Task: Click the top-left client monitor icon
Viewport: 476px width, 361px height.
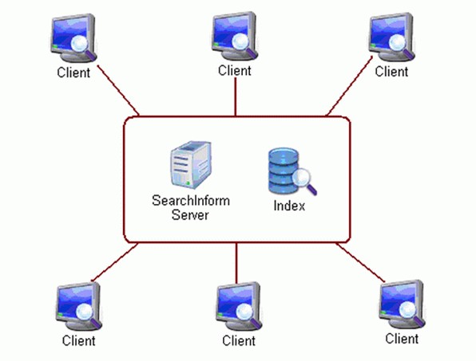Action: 73,37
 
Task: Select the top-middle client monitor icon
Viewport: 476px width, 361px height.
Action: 235,36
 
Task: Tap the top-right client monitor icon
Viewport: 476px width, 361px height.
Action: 392,37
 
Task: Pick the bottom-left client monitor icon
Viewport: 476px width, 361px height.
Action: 78,306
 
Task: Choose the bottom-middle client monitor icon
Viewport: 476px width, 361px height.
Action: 239,306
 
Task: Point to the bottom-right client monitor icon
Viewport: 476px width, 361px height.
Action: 402,304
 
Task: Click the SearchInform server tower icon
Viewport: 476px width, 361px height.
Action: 191,165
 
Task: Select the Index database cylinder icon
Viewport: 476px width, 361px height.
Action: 292,171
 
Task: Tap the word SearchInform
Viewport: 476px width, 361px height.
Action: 191,201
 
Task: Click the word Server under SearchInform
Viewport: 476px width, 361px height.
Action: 190,214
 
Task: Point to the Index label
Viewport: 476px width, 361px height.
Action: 289,206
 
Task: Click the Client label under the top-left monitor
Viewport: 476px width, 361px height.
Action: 73,73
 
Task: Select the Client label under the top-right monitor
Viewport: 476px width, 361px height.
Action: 391,72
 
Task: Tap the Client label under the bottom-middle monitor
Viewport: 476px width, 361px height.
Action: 239,341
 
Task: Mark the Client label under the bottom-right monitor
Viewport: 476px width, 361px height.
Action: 402,339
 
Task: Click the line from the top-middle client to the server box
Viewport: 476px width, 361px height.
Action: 236,97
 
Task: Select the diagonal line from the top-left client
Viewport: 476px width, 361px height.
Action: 117,90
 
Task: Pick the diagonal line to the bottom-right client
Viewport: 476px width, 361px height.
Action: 360,262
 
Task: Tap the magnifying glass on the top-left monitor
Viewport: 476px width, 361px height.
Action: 82,48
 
